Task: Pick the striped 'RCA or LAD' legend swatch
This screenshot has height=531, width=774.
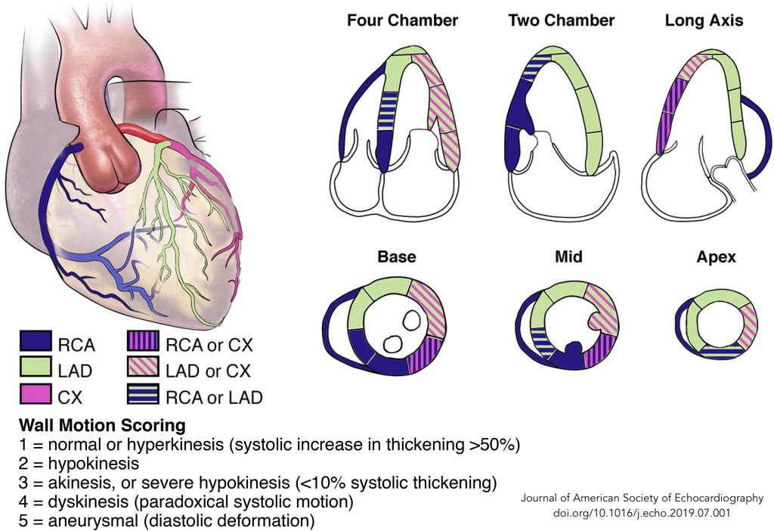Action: [x=144, y=395]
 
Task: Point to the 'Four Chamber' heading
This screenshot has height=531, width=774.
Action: [x=402, y=20]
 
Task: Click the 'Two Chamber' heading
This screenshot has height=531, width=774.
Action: [x=559, y=20]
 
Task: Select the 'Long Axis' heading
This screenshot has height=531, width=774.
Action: [x=704, y=20]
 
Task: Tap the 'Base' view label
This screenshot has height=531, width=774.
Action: [x=397, y=256]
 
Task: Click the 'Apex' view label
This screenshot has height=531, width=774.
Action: [x=715, y=256]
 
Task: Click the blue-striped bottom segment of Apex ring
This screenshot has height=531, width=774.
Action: [x=714, y=349]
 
